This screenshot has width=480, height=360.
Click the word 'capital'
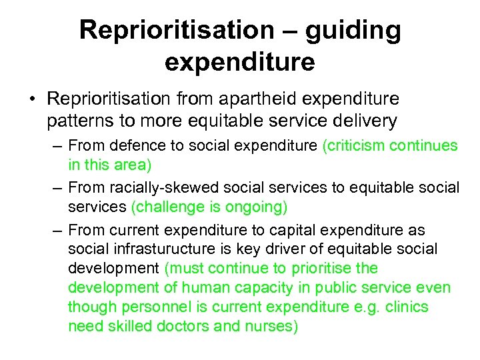click(x=298, y=230)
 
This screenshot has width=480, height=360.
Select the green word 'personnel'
click(x=149, y=307)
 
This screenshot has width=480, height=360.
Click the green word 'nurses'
click(x=271, y=327)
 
